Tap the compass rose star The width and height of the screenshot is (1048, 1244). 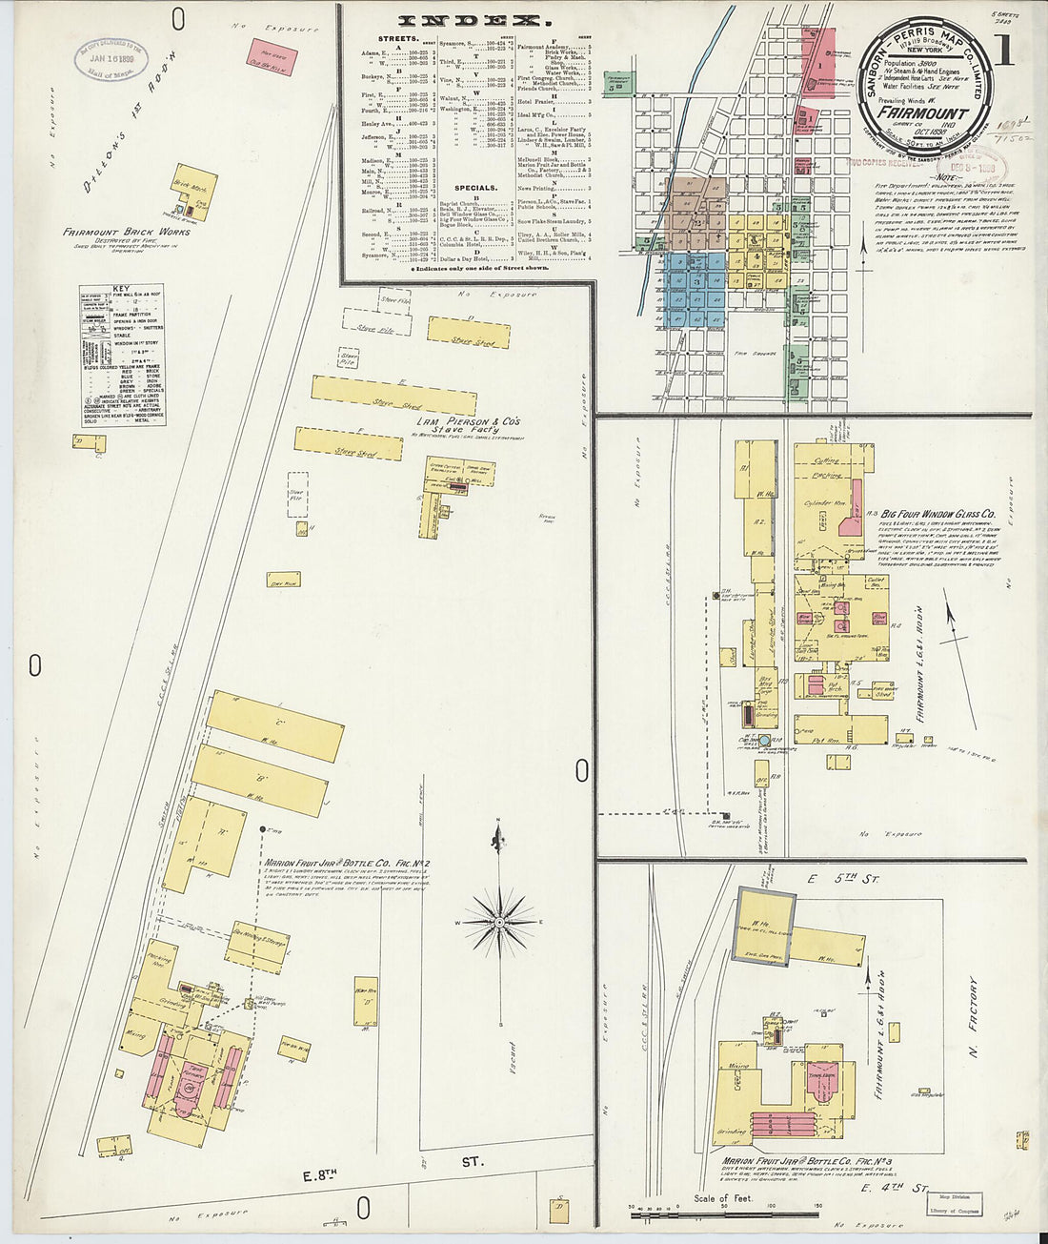tap(498, 922)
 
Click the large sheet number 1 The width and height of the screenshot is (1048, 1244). tap(1003, 51)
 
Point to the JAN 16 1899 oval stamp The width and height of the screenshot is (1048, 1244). tap(112, 59)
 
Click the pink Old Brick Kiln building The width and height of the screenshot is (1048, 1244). tap(272, 56)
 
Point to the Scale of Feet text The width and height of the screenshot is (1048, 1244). tap(722, 1198)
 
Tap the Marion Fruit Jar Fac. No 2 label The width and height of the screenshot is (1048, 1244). tap(347, 864)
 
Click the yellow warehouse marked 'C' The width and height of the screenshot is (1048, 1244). tap(275, 725)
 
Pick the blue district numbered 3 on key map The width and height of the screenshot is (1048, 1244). tap(696, 282)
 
